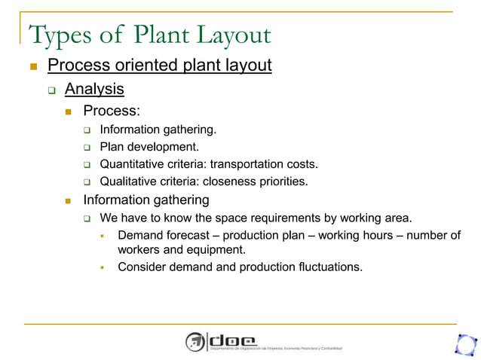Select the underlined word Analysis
[94, 89]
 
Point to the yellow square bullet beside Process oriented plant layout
[32, 66]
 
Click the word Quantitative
[133, 163]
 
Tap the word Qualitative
[129, 181]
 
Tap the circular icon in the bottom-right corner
[465, 343]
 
